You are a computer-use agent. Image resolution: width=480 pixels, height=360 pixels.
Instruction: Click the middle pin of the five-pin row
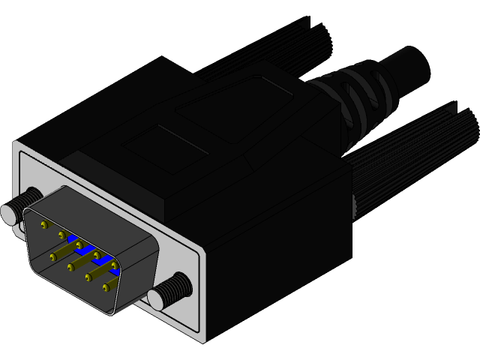click(79, 244)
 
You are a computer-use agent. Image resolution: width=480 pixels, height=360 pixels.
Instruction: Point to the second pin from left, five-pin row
click(61, 235)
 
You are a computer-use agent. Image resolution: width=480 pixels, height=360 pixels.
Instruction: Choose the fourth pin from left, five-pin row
click(97, 255)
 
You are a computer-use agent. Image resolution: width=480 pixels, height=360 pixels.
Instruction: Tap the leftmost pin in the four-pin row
click(53, 257)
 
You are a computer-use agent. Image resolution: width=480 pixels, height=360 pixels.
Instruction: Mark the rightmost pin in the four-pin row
click(106, 287)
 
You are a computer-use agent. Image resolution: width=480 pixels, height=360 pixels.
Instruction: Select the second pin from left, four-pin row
click(70, 267)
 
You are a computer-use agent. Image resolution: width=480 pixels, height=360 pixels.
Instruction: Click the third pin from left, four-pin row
click(88, 277)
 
